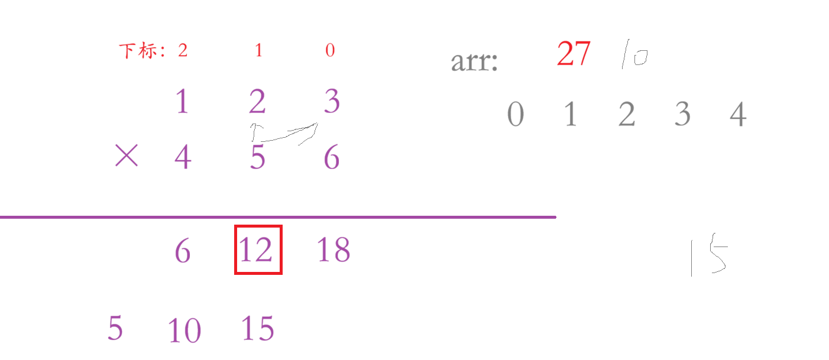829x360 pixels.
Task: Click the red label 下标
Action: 138,51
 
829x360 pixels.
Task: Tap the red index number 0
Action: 330,51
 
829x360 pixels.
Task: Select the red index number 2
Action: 182,51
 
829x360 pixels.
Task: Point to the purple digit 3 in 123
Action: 332,102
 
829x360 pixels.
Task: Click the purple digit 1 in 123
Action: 182,102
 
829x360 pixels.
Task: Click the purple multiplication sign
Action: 126,157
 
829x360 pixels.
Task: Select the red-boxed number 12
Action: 258,250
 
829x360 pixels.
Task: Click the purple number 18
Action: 333,250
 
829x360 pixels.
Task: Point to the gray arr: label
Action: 474,61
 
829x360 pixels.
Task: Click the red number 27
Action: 573,55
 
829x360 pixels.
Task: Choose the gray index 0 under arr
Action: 516,115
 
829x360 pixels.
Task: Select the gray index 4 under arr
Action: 737,115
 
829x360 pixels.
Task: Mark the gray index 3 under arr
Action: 682,115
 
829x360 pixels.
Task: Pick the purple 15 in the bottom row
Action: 258,329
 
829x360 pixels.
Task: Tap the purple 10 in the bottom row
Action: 184,330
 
